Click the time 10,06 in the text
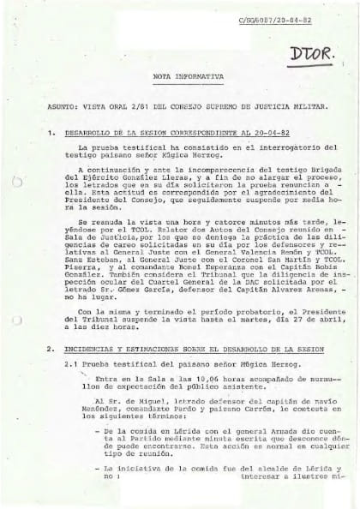[x=172, y=380]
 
